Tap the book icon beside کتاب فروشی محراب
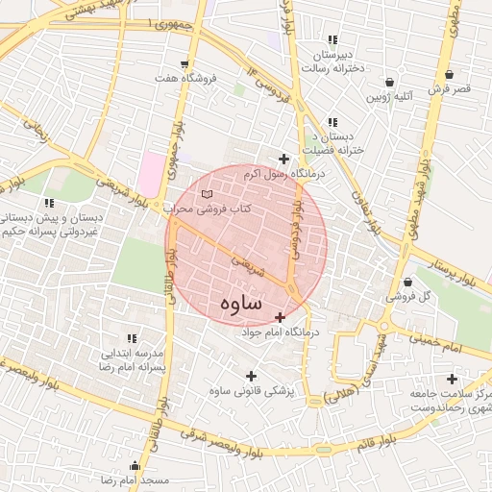(207, 195)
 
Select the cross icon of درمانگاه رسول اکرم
(283, 159)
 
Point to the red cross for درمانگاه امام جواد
(280, 317)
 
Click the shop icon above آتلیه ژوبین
(389, 83)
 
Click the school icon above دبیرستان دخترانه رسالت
(332, 39)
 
